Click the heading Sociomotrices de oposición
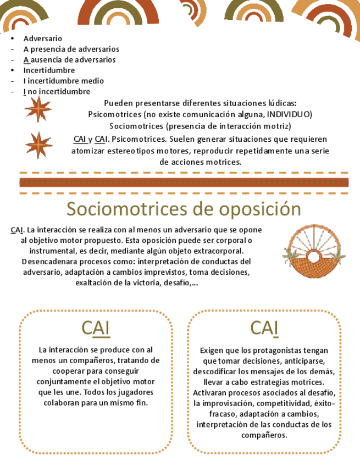pyautogui.click(x=184, y=209)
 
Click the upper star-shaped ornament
pyautogui.click(x=37, y=109)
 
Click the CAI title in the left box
pyautogui.click(x=96, y=328)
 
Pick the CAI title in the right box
pyautogui.click(x=264, y=328)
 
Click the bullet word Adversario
pyautogui.click(x=43, y=38)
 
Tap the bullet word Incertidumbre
pyautogui.click(x=49, y=70)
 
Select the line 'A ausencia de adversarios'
pyautogui.click(x=69, y=59)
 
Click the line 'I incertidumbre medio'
pyautogui.click(x=63, y=81)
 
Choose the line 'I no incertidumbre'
pyautogui.click(x=57, y=91)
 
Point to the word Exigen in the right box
pyautogui.click(x=211, y=350)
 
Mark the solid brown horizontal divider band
pyautogui.click(x=184, y=183)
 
